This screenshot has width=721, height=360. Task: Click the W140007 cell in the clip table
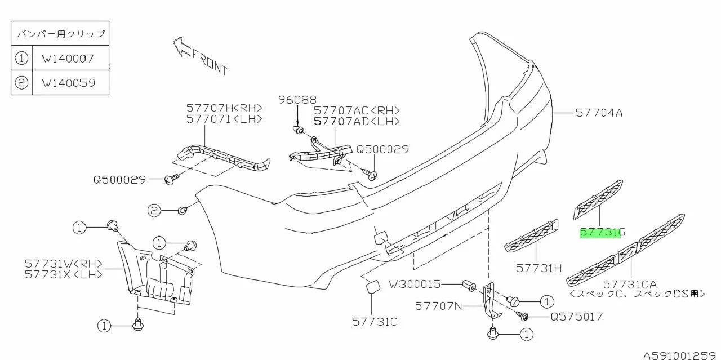68,58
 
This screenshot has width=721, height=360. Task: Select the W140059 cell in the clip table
68,83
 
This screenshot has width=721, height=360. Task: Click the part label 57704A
599,113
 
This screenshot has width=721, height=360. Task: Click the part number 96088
297,100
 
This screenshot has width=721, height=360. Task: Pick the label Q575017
576,317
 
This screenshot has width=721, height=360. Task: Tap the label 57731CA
629,285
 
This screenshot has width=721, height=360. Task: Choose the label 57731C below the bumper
375,322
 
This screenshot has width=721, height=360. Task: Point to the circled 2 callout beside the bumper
154,211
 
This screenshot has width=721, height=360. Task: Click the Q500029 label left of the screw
119,180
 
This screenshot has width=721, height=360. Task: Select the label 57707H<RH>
224,108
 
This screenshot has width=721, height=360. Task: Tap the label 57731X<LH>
64,274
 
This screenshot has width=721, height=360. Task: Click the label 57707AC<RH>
357,111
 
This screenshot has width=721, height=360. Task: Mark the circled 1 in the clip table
21,58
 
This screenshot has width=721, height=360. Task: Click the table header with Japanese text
60,34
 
